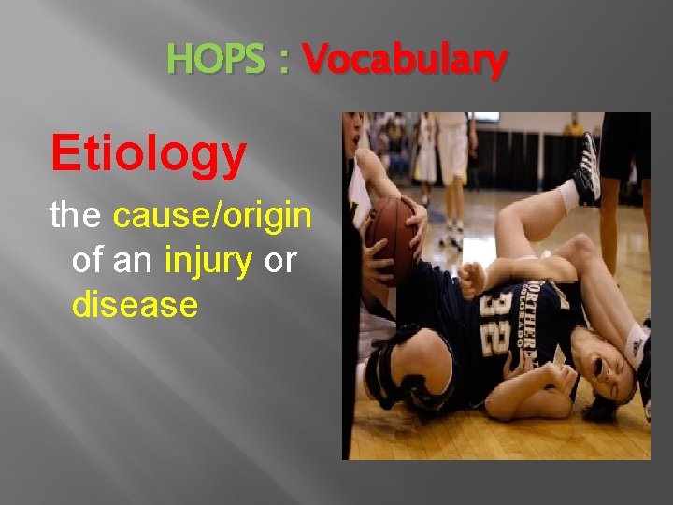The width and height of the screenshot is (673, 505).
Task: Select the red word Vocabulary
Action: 405,61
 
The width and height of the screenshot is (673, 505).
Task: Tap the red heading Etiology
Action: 149,153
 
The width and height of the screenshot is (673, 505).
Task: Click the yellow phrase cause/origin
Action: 211,216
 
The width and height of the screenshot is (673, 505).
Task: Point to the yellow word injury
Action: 208,261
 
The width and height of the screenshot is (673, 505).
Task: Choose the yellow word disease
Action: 135,304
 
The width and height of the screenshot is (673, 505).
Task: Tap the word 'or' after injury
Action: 279,261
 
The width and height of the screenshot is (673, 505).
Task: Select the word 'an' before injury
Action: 134,261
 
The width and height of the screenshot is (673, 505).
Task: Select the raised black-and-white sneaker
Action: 587,168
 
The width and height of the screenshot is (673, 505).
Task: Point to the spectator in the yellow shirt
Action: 575,126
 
